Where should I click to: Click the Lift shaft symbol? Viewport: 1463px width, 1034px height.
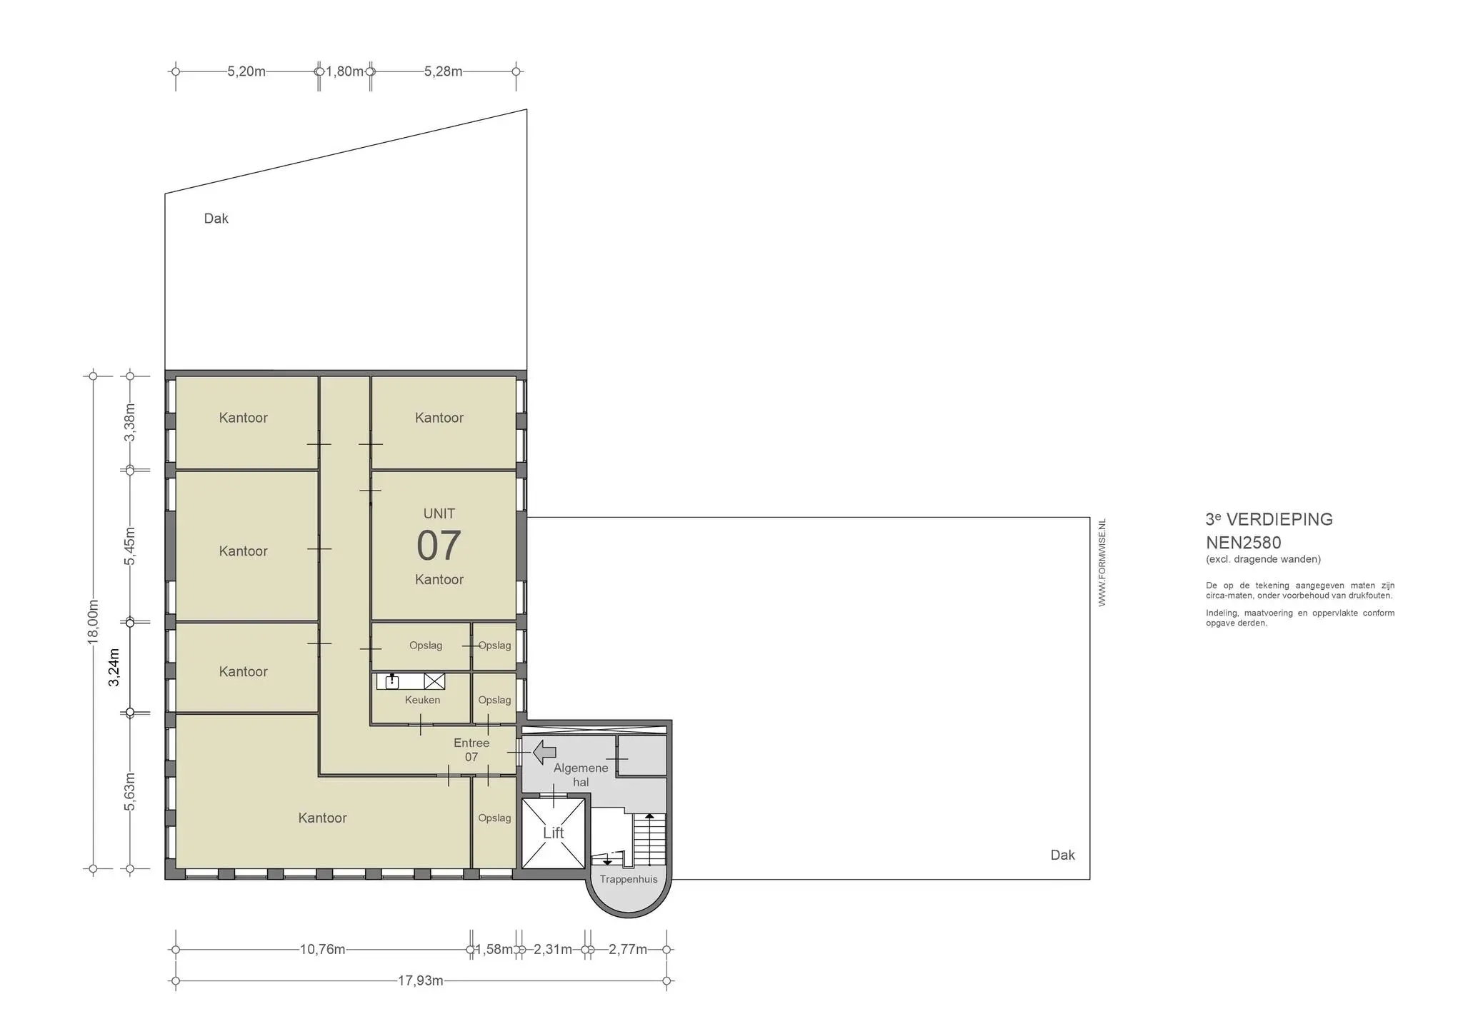pos(554,833)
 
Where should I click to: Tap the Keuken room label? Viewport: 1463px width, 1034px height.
pos(422,700)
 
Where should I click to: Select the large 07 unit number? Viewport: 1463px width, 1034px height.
pos(439,546)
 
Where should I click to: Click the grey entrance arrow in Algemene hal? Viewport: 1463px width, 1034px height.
pos(545,752)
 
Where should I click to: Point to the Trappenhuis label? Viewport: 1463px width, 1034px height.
pos(629,879)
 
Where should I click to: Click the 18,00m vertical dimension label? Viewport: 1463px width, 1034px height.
pos(93,621)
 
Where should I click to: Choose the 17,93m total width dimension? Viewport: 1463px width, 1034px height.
pos(420,980)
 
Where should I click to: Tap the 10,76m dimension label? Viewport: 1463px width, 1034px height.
pos(322,949)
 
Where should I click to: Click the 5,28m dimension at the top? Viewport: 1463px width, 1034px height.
pos(443,71)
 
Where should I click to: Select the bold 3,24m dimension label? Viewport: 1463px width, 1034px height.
pos(114,667)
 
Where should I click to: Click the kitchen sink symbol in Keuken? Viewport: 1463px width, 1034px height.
pos(391,681)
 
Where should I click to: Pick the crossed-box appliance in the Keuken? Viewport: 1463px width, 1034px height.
pos(434,681)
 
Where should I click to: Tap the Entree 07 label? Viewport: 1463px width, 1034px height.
pos(471,750)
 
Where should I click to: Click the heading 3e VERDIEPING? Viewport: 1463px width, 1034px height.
pos(1269,519)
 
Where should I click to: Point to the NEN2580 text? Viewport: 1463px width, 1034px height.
pos(1243,543)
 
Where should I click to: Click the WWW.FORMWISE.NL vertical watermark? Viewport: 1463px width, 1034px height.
pos(1102,563)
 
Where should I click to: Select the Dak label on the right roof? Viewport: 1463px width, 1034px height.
pos(1062,855)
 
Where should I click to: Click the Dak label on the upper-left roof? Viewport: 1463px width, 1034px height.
pos(216,219)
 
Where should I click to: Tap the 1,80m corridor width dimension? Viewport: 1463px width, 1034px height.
pos(344,71)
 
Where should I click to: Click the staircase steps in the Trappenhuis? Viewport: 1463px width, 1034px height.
pos(649,840)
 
